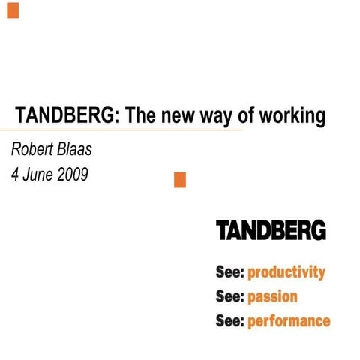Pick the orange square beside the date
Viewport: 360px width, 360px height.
coord(179,180)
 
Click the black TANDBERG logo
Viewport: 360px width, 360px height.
coord(271,230)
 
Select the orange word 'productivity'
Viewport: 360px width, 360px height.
coord(286,272)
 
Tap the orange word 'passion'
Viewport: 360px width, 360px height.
coord(273,296)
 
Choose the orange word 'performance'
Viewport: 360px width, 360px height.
coord(289,321)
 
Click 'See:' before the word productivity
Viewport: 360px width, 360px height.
coord(230,271)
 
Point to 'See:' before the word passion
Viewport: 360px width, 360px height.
coord(230,295)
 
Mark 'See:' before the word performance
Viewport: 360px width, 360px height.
coord(230,320)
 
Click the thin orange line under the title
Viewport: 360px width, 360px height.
coord(120,130)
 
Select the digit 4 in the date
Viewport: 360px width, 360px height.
coord(14,175)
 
